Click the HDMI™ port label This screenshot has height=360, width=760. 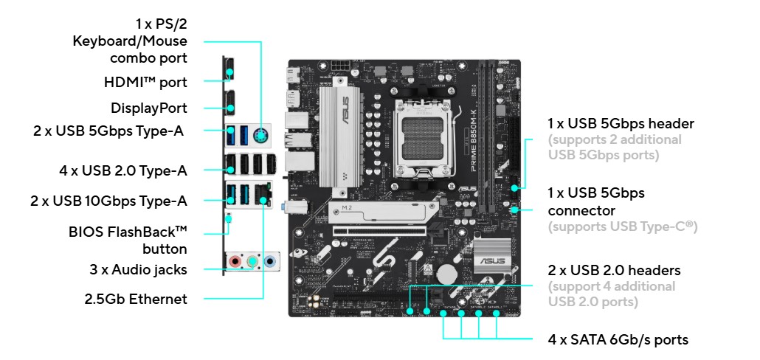point(145,83)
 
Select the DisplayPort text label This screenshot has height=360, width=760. point(149,108)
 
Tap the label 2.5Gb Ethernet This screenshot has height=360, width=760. point(136,299)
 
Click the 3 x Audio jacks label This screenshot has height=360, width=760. point(138,269)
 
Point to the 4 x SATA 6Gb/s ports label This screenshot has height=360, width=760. point(618,339)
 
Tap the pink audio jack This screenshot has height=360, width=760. point(235,262)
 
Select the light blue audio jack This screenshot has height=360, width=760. point(270,262)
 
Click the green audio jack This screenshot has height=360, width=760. point(252,262)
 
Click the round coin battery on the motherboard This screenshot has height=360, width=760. point(448,274)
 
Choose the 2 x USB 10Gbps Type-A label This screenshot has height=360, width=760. point(108,201)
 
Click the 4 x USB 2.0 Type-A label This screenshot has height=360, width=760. point(123,170)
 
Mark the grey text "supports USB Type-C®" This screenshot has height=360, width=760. point(623,226)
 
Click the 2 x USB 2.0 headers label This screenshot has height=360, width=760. point(614,270)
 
